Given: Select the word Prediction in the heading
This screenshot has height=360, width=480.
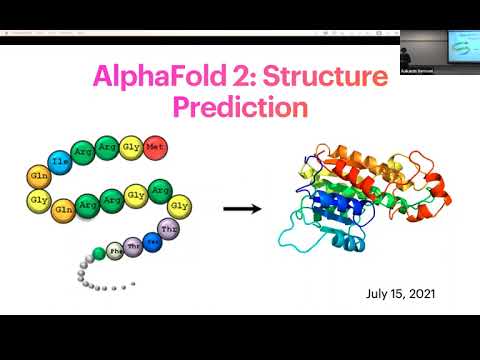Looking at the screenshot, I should point(237,104).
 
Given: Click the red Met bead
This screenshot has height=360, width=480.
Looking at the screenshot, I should point(155,150).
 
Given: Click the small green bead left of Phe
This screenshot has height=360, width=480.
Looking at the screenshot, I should point(97,251).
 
